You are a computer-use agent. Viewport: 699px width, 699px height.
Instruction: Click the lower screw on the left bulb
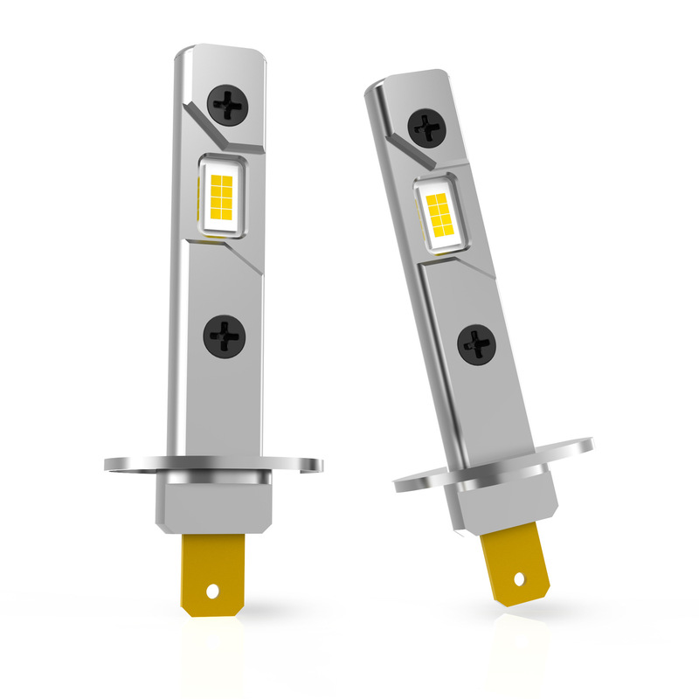tap(224, 336)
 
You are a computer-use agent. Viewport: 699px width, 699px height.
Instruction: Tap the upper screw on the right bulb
tap(428, 128)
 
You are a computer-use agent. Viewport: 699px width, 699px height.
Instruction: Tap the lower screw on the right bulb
tap(477, 344)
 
